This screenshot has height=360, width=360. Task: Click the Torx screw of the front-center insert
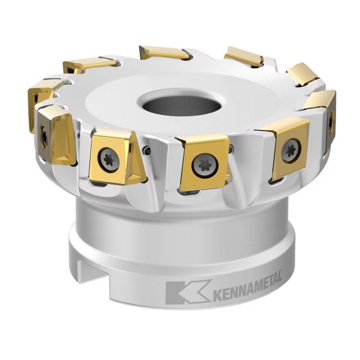pos(205,165)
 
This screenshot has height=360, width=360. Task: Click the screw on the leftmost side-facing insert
pos(45,137)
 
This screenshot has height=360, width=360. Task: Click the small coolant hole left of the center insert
pos(147,151)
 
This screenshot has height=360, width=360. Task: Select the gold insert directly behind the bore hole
pos(164,52)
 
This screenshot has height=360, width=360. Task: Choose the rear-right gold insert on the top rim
pos(244,56)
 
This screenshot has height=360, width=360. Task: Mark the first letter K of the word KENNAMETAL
pos(217,295)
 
